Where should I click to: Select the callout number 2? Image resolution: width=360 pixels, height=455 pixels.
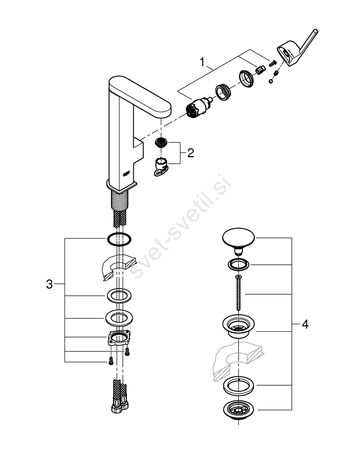(190, 152)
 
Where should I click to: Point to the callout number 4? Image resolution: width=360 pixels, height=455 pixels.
(305, 324)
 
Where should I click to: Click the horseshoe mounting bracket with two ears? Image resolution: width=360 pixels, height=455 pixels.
(120, 338)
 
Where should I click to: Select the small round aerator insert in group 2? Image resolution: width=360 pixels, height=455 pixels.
(160, 143)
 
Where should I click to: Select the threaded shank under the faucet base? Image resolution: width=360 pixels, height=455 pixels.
(120, 200)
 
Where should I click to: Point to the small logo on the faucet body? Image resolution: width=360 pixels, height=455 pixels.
(127, 173)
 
